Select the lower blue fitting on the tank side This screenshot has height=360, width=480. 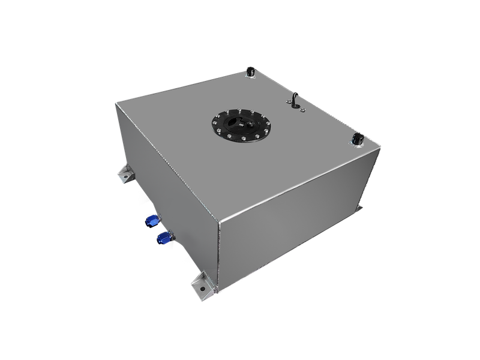point(162,240)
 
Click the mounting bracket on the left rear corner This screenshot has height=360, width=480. point(125,174)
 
